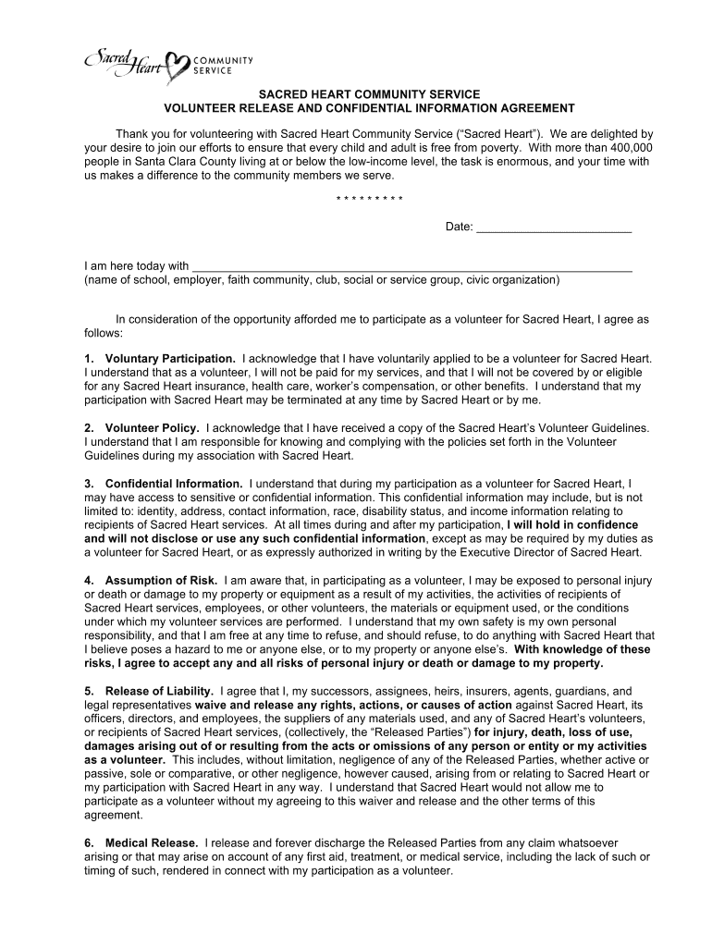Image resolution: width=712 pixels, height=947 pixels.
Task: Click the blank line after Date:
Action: tap(553, 227)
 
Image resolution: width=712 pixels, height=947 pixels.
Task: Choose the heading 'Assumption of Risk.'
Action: tap(162, 581)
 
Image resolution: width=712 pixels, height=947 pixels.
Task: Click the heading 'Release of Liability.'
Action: tap(160, 691)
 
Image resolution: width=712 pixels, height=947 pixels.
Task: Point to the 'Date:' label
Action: tap(460, 227)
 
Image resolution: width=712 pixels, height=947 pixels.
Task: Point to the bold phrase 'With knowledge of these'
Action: tap(583, 649)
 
